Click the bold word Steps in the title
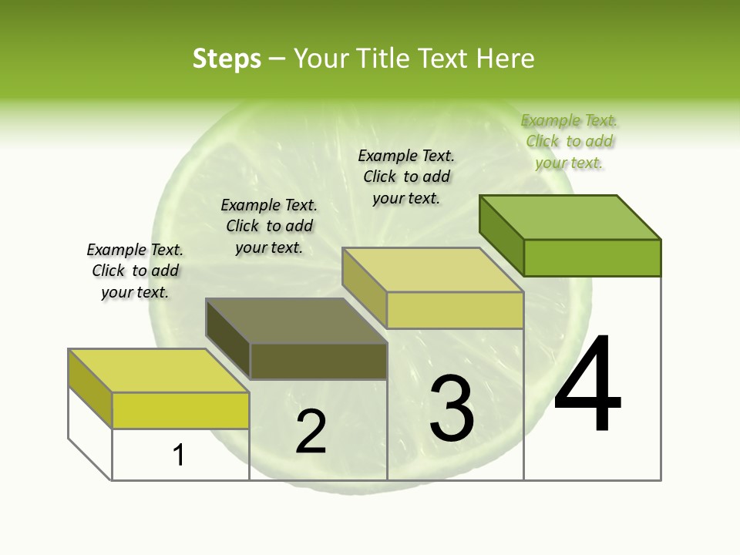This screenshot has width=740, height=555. pyautogui.click(x=227, y=59)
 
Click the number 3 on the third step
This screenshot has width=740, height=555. pyautogui.click(x=452, y=409)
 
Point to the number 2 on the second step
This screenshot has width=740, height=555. pyautogui.click(x=311, y=432)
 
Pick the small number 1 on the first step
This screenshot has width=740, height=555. pyautogui.click(x=179, y=455)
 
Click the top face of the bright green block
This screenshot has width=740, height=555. pyautogui.click(x=570, y=217)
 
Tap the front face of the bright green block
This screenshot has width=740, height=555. pyautogui.click(x=592, y=257)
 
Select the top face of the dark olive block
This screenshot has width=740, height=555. pyautogui.click(x=297, y=320)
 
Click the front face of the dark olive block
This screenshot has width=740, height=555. pyautogui.click(x=318, y=361)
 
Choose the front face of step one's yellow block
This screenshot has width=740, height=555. pyautogui.click(x=180, y=410)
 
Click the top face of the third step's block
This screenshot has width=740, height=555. pyautogui.click(x=433, y=270)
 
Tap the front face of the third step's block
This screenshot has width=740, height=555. pyautogui.click(x=455, y=310)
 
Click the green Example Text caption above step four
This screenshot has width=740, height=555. pyautogui.click(x=570, y=142)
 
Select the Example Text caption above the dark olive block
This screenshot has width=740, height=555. pyautogui.click(x=269, y=226)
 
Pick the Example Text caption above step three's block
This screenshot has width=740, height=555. pyautogui.click(x=406, y=177)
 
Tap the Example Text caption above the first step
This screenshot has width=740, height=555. pyautogui.click(x=135, y=271)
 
